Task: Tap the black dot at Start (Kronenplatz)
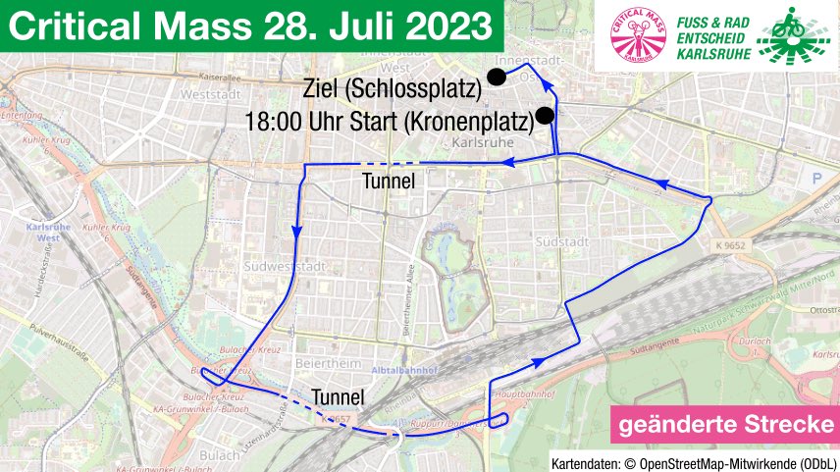pyautogui.click(x=546, y=115)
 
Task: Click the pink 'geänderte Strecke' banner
pyautogui.click(x=724, y=425)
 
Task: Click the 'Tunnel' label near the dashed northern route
pyautogui.click(x=390, y=182)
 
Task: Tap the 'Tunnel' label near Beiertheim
pyautogui.click(x=339, y=397)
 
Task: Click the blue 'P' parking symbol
pyautogui.click(x=815, y=179)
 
